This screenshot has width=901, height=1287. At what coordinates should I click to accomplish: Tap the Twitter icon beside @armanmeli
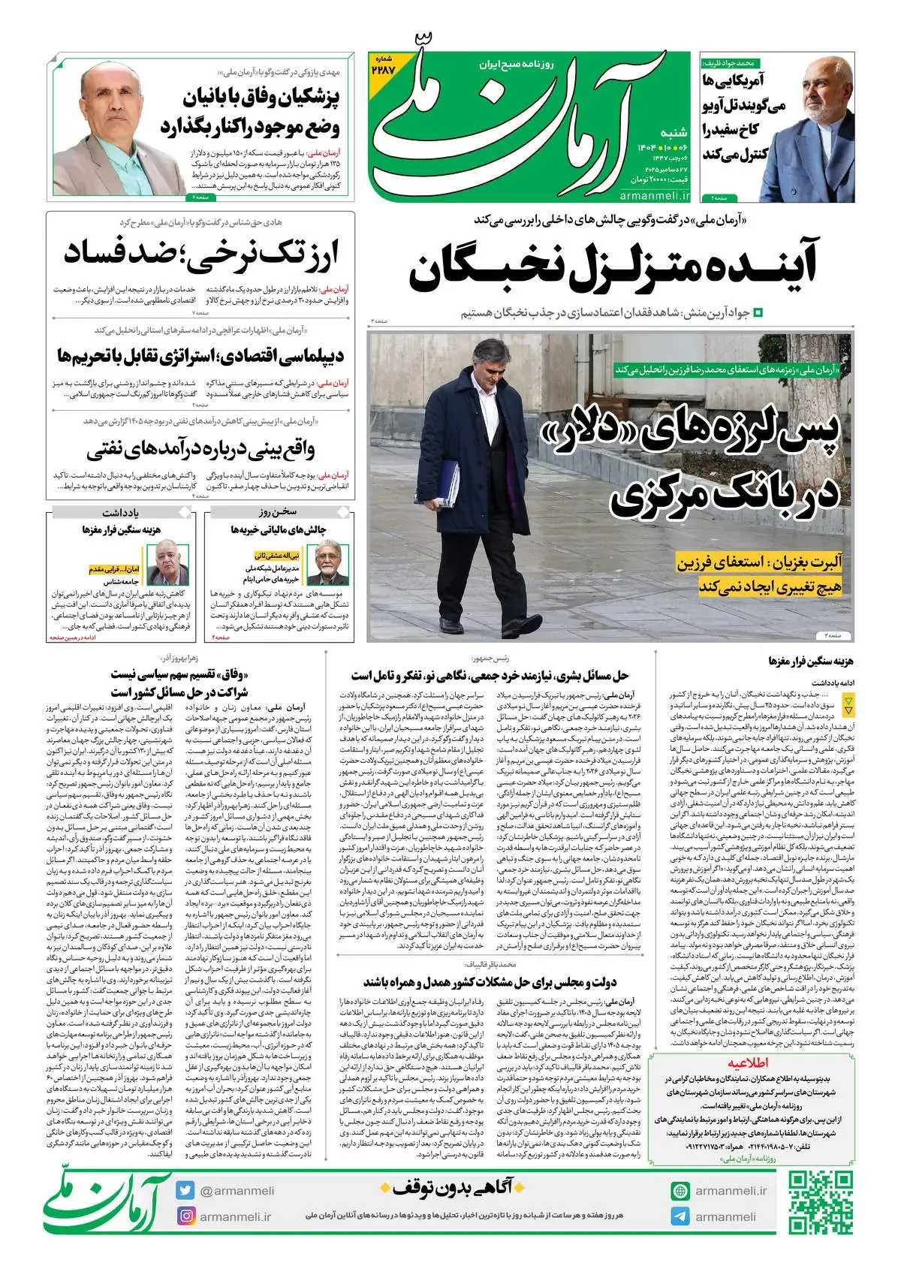tap(185, 1191)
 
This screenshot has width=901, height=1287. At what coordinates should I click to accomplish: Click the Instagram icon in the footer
tap(185, 1216)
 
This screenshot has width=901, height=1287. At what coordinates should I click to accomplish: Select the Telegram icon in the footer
tap(680, 1216)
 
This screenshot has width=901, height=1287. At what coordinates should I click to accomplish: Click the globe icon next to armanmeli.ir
tap(680, 1191)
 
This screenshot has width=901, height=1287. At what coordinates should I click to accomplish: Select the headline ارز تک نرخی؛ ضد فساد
tap(200, 252)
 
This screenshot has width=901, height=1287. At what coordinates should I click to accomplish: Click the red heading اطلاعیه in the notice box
tap(747, 1063)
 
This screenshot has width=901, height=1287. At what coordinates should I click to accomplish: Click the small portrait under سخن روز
tap(327, 564)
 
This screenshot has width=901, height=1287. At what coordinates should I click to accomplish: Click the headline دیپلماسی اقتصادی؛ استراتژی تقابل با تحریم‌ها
tap(200, 354)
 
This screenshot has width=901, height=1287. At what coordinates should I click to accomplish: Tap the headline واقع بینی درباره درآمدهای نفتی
tap(200, 450)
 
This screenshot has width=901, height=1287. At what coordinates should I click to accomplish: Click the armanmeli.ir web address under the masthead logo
tap(655, 195)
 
